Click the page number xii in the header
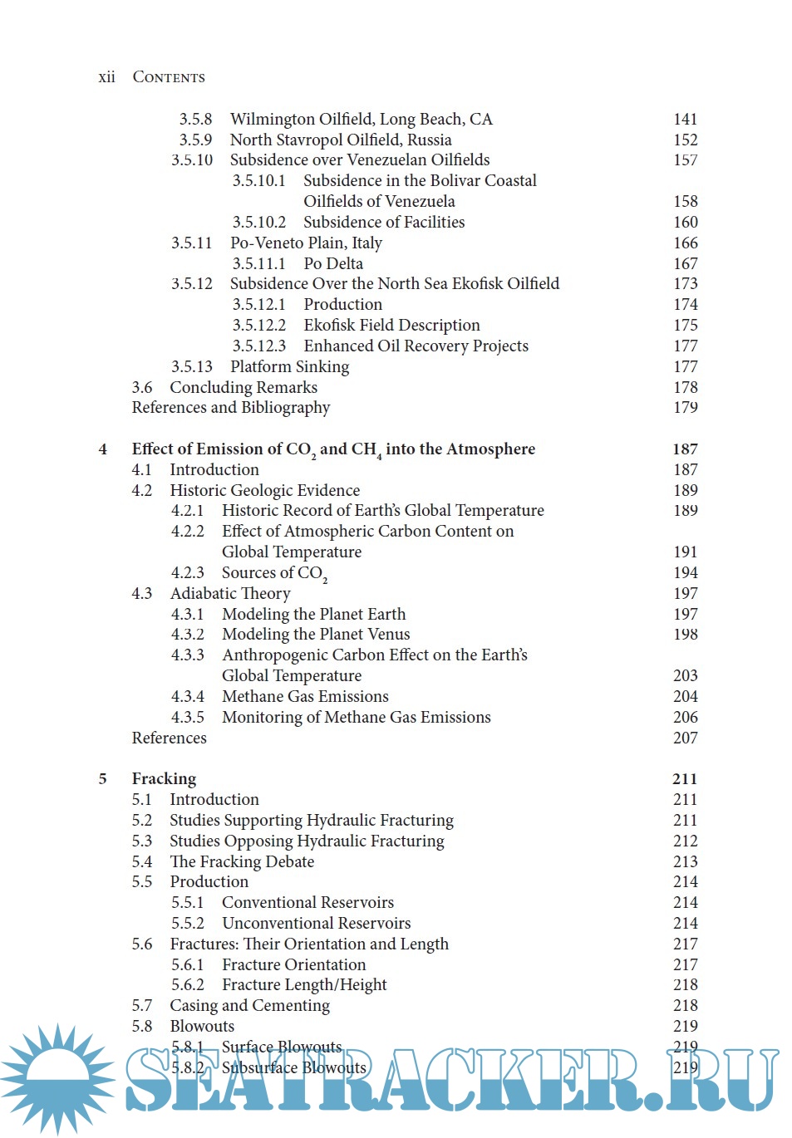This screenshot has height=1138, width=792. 106,77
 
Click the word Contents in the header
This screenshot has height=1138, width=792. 169,77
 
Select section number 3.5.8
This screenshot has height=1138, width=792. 195,120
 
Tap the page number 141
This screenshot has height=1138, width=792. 685,120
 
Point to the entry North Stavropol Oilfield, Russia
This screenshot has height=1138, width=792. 341,140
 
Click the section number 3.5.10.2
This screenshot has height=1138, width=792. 258,223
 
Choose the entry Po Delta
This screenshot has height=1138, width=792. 333,264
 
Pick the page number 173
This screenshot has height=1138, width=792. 685,284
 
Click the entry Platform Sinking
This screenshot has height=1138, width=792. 289,367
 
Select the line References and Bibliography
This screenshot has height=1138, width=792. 231,408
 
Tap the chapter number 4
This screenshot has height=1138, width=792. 103,449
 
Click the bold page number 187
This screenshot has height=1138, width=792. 685,449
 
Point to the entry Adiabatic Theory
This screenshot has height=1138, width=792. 230,594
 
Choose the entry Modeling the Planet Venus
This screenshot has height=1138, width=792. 316,635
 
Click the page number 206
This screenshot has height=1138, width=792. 685,718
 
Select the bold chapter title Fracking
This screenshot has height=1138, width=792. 164,779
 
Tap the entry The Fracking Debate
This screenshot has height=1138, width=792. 242,862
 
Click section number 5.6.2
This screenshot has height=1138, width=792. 187,985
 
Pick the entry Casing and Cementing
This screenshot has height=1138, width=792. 249,1006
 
